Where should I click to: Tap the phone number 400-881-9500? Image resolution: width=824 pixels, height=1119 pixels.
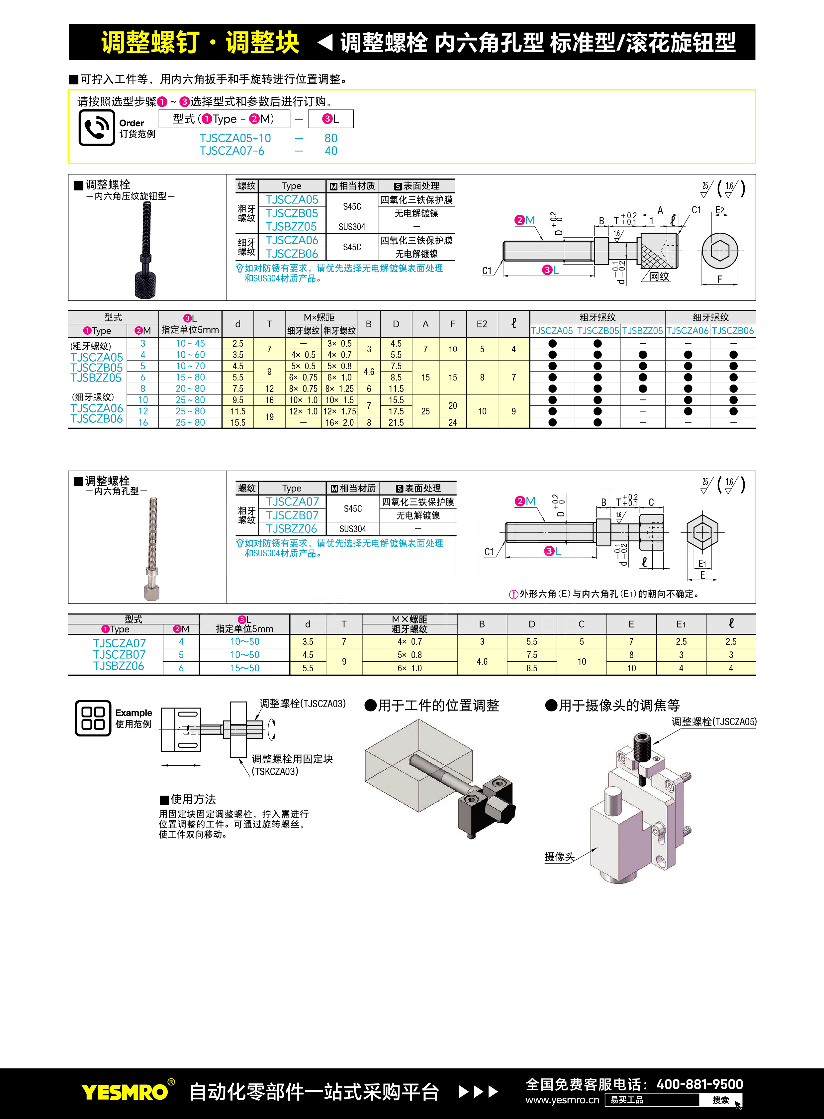coord(699,1084)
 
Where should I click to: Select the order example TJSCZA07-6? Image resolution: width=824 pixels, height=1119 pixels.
coord(232,151)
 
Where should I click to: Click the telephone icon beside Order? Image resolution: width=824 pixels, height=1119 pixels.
coord(97,128)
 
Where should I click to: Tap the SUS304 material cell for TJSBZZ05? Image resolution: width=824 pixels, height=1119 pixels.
coord(352,227)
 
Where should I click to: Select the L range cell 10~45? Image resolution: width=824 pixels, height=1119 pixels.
coord(190,343)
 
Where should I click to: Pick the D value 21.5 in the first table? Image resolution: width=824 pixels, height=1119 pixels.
coord(396,422)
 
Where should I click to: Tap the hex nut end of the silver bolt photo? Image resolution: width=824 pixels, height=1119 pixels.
coord(152,592)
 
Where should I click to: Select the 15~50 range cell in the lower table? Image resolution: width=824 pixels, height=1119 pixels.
coord(245,668)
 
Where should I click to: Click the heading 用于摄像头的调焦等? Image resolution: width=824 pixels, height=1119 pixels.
coord(612,705)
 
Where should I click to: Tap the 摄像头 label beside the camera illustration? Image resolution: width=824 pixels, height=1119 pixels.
coord(559,856)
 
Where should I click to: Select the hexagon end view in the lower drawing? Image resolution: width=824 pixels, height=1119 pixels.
coord(702,532)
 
